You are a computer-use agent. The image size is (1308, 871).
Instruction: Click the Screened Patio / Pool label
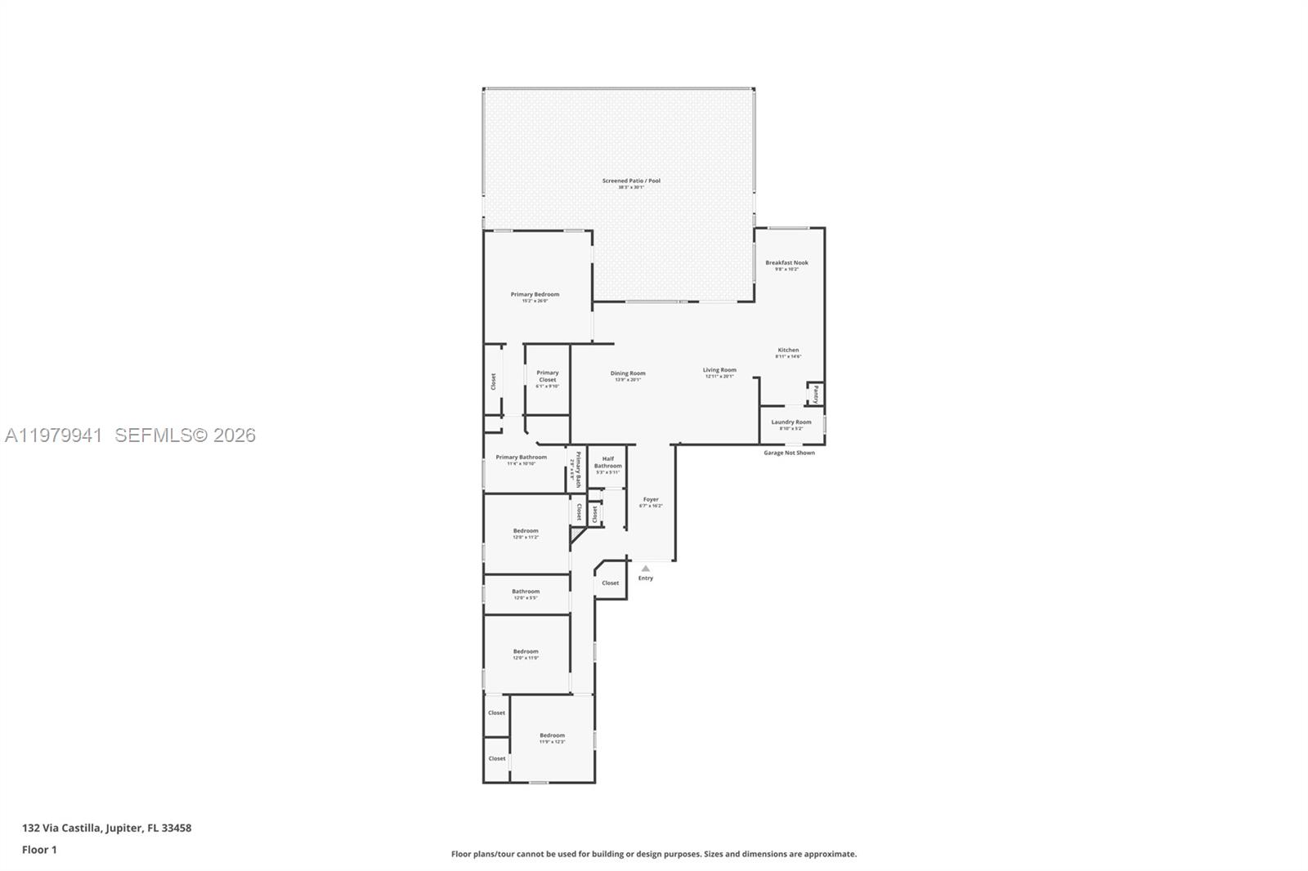(631, 181)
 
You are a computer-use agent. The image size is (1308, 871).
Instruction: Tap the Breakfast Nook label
(786, 263)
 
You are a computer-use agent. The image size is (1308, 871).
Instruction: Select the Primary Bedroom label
(535, 295)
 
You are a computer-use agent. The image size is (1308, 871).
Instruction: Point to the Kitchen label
(788, 351)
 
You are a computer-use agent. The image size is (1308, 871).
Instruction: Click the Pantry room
(815, 395)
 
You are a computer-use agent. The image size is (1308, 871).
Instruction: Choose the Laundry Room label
(791, 422)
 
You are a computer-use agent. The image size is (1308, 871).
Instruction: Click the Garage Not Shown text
(789, 453)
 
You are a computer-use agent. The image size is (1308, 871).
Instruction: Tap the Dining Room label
(628, 373)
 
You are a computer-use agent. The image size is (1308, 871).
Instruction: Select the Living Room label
(719, 370)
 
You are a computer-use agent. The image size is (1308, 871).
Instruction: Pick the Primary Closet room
(547, 377)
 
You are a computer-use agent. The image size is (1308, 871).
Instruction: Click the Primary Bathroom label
(521, 458)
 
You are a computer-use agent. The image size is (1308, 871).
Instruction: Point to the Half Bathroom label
(607, 462)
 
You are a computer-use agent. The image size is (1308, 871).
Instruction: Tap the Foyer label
(651, 499)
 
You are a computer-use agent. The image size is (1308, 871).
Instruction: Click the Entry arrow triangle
(645, 568)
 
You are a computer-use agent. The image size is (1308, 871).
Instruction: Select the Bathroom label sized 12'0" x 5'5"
(526, 592)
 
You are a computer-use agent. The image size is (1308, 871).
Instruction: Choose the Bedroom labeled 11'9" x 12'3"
(552, 736)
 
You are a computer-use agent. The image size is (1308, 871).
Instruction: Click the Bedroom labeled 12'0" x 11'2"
(526, 531)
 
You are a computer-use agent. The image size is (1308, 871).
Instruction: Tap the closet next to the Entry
(610, 583)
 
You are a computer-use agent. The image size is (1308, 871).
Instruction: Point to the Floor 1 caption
(39, 850)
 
